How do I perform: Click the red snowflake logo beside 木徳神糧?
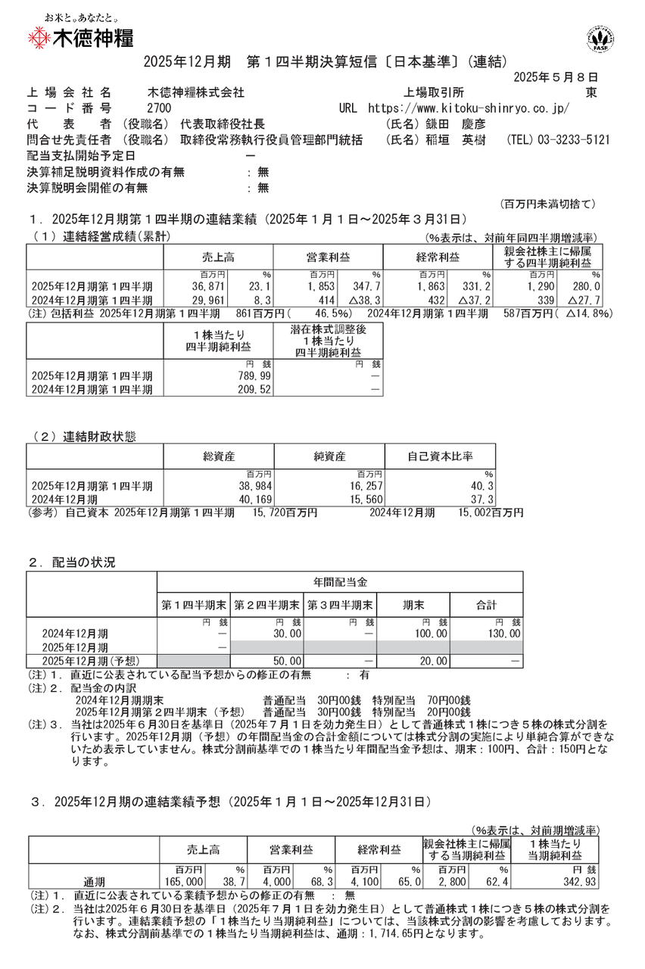point(37,38)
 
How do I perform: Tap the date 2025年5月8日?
point(556,77)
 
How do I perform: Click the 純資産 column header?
point(329,456)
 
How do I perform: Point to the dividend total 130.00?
point(504,633)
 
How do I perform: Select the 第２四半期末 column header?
point(267,605)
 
